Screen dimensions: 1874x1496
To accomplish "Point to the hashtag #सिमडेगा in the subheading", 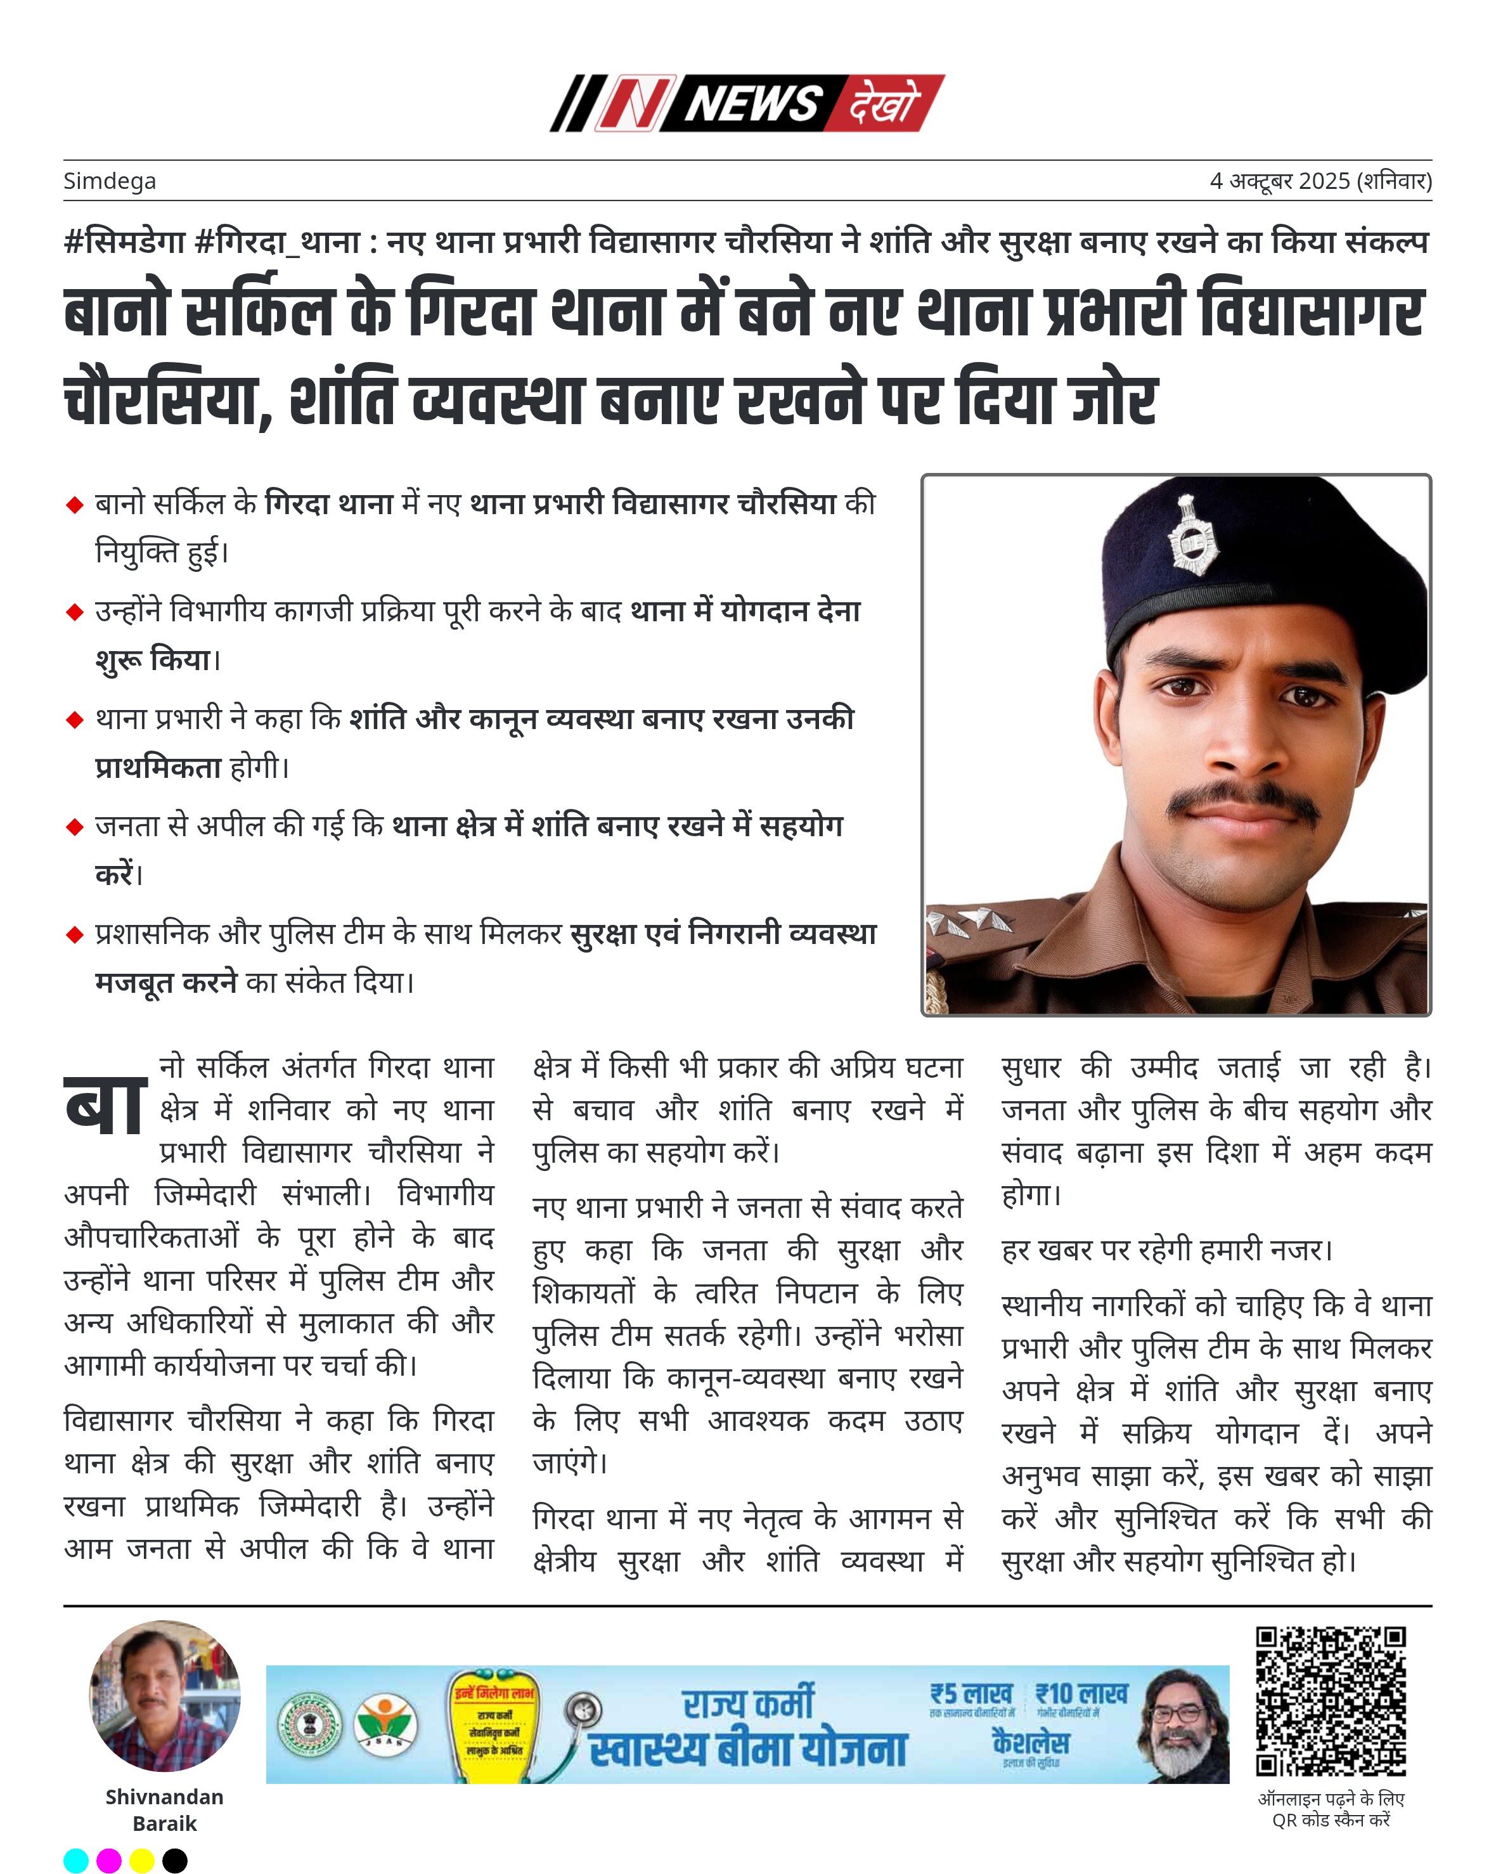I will coord(124,241).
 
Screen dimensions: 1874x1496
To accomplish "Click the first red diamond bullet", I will coord(75,505).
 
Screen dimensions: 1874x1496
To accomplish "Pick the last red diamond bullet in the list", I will coord(75,934).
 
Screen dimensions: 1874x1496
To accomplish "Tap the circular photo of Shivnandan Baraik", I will coord(165,1696).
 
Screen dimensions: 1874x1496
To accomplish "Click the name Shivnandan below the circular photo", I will coord(164,1797).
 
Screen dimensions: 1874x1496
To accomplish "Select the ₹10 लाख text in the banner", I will coord(1081,1694).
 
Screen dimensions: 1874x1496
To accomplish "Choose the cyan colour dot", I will coord(77,1860).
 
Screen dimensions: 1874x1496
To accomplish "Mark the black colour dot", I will coord(175,1860).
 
